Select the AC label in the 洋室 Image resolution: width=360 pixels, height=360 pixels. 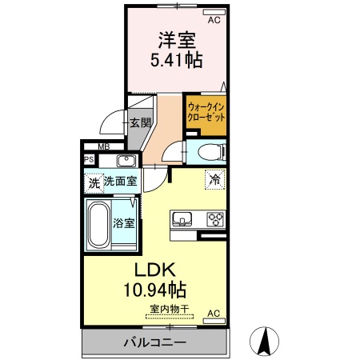tap(214, 20)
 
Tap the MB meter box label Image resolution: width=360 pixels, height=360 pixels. tap(103, 146)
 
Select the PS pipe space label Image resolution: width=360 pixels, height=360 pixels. tap(90, 159)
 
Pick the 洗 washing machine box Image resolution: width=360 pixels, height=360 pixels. tap(94, 182)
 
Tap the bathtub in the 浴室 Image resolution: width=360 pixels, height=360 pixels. tap(100, 224)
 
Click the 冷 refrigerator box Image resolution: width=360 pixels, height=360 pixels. tap(214, 179)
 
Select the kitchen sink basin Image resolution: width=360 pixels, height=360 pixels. tap(182, 218)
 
